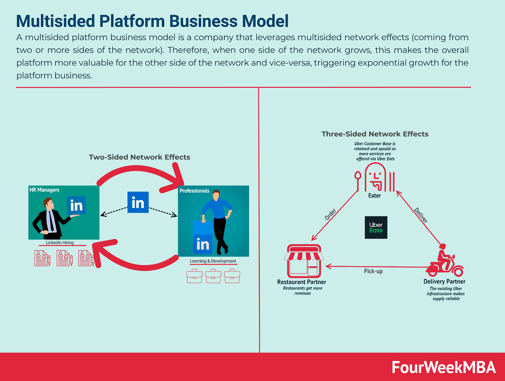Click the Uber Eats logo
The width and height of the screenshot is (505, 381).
376,227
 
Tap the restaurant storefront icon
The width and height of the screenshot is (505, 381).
304,261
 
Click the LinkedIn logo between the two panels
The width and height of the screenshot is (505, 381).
138,202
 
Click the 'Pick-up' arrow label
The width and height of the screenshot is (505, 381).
373,271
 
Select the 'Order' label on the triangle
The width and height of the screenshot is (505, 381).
330,214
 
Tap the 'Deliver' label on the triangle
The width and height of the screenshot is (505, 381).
421,215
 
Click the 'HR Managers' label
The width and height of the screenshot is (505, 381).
45,190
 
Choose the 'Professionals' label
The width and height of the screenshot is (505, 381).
194,191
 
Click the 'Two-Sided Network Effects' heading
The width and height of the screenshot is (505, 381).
140,157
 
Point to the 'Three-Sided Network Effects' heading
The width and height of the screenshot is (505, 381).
375,134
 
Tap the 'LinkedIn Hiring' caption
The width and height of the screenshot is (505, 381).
60,242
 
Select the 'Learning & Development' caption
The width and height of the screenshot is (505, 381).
213,261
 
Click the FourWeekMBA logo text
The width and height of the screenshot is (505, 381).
443,367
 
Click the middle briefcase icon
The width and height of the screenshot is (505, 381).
213,276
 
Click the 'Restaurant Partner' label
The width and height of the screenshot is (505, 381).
302,282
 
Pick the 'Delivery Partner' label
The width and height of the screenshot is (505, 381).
444,282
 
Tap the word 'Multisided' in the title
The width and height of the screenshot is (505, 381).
56,21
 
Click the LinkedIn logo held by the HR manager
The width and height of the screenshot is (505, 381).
76,205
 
